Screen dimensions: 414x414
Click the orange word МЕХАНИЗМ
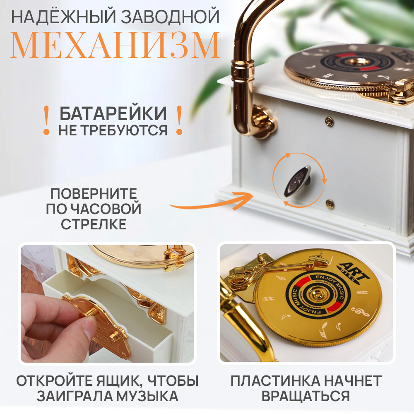coord(115,45)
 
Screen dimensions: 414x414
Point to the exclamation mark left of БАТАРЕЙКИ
coord(47,120)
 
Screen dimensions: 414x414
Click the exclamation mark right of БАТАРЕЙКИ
coord(179,120)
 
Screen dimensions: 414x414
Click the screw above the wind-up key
coord(329,121)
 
